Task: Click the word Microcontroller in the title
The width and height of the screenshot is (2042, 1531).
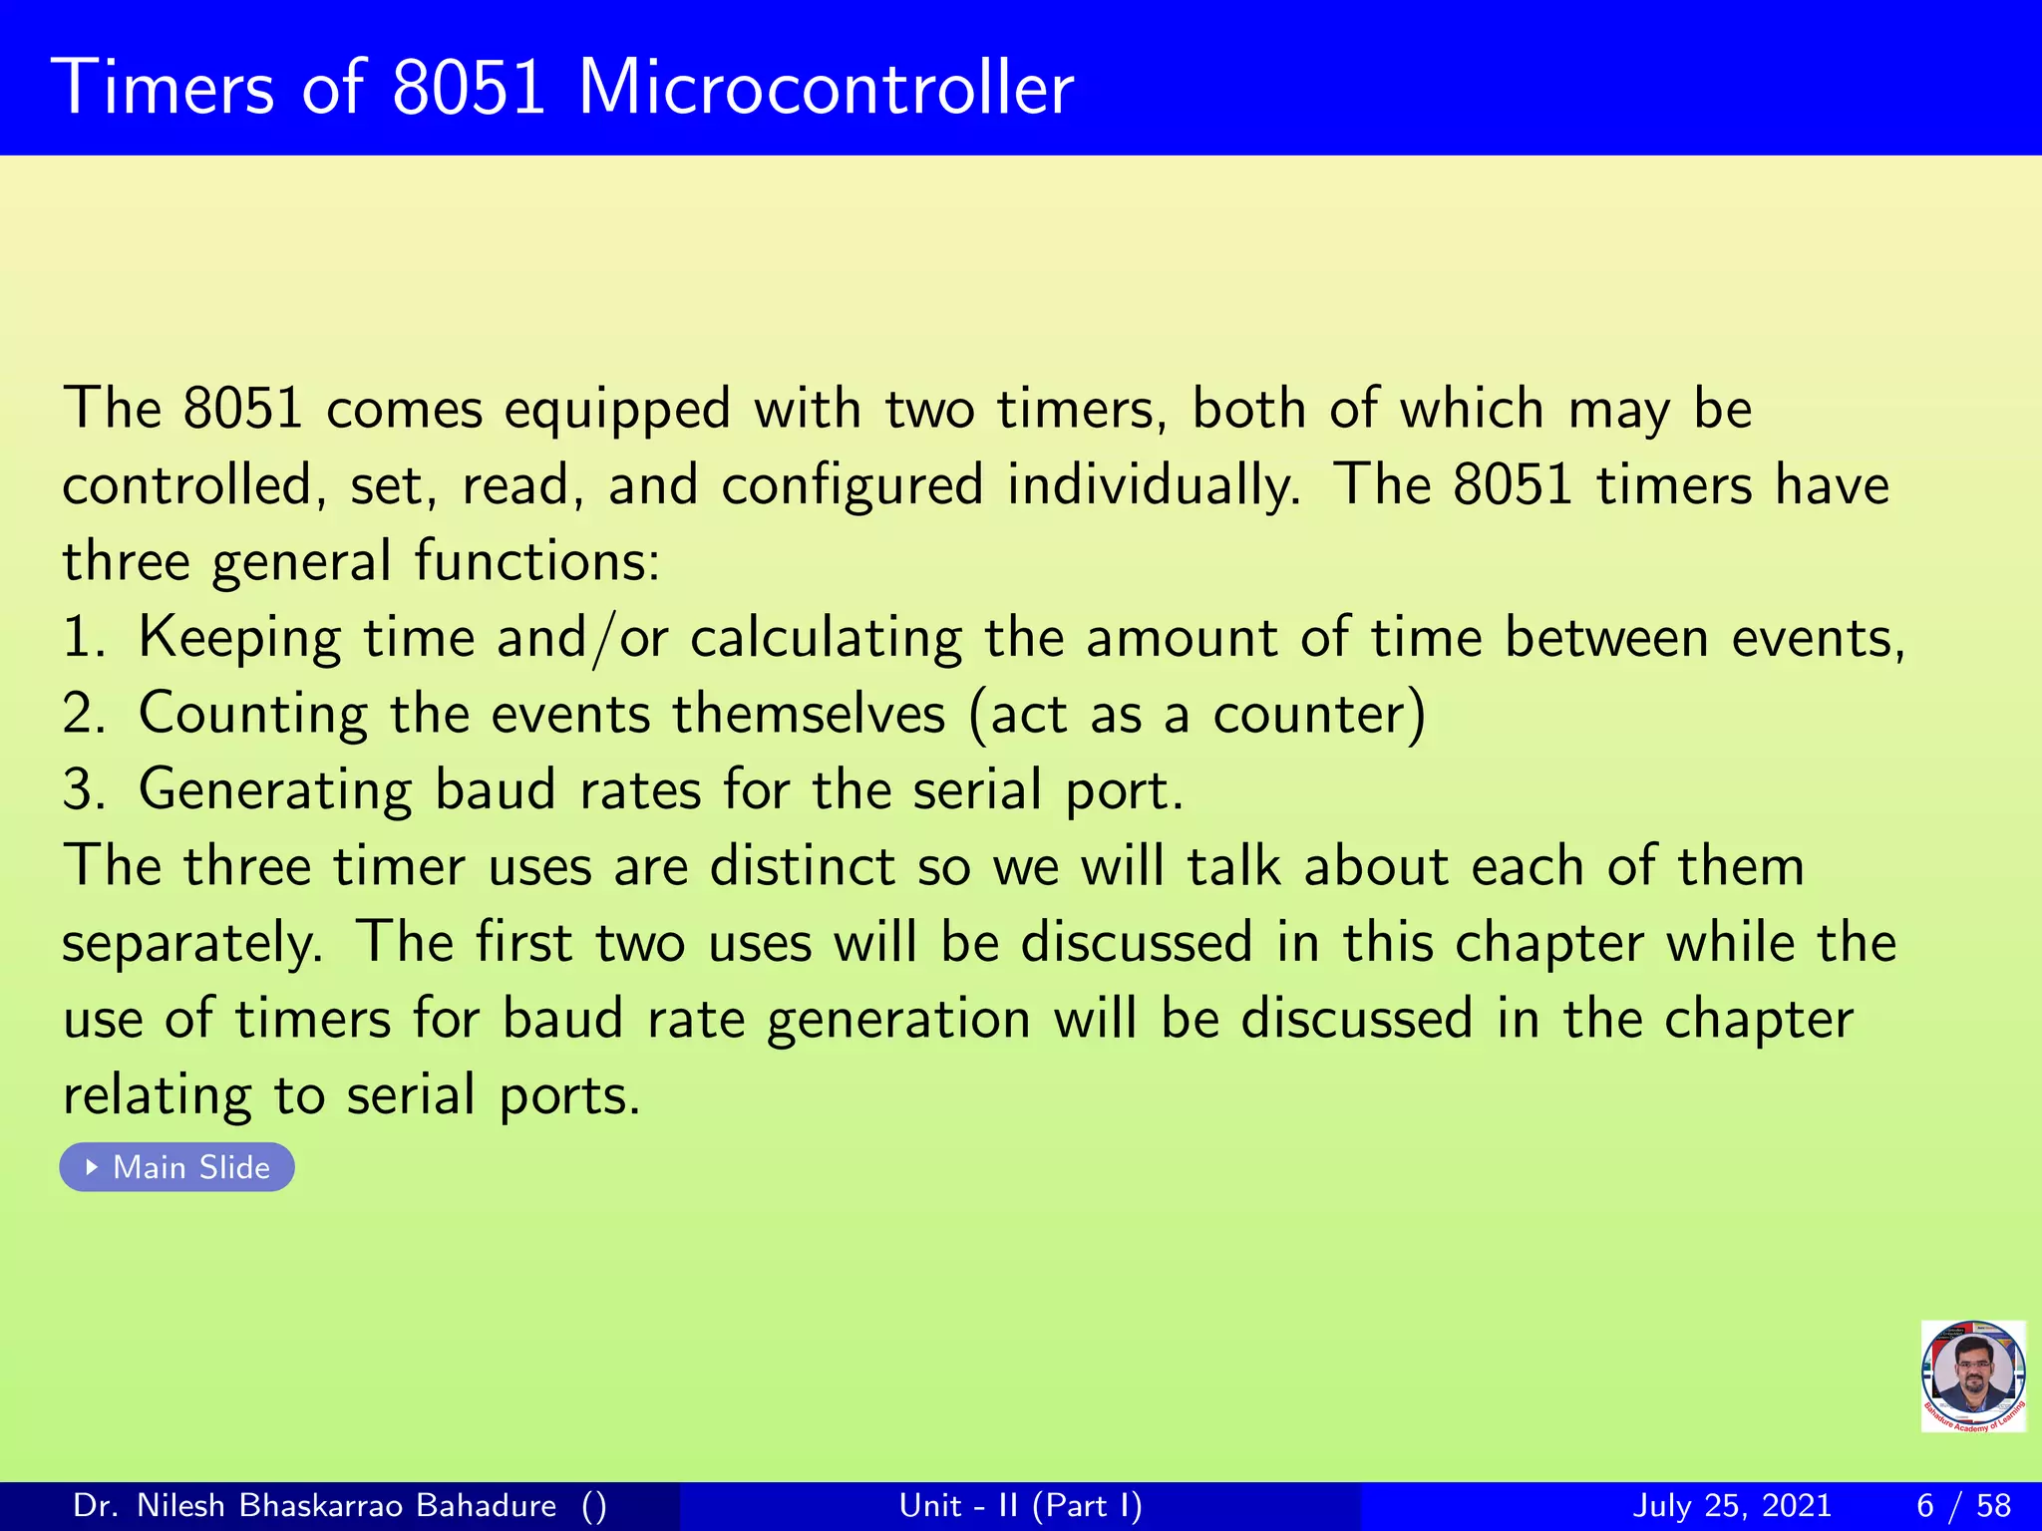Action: point(826,89)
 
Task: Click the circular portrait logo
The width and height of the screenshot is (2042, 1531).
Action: point(1972,1376)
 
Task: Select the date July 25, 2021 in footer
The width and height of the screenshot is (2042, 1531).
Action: point(1732,1505)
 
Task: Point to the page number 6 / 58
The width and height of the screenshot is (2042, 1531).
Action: point(1963,1505)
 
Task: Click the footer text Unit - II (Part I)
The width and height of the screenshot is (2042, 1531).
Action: point(1020,1505)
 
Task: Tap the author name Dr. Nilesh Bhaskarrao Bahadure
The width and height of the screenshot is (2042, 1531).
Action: point(315,1505)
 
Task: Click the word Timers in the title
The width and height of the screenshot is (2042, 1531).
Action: point(168,89)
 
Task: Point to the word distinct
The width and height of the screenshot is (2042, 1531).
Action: point(802,866)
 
